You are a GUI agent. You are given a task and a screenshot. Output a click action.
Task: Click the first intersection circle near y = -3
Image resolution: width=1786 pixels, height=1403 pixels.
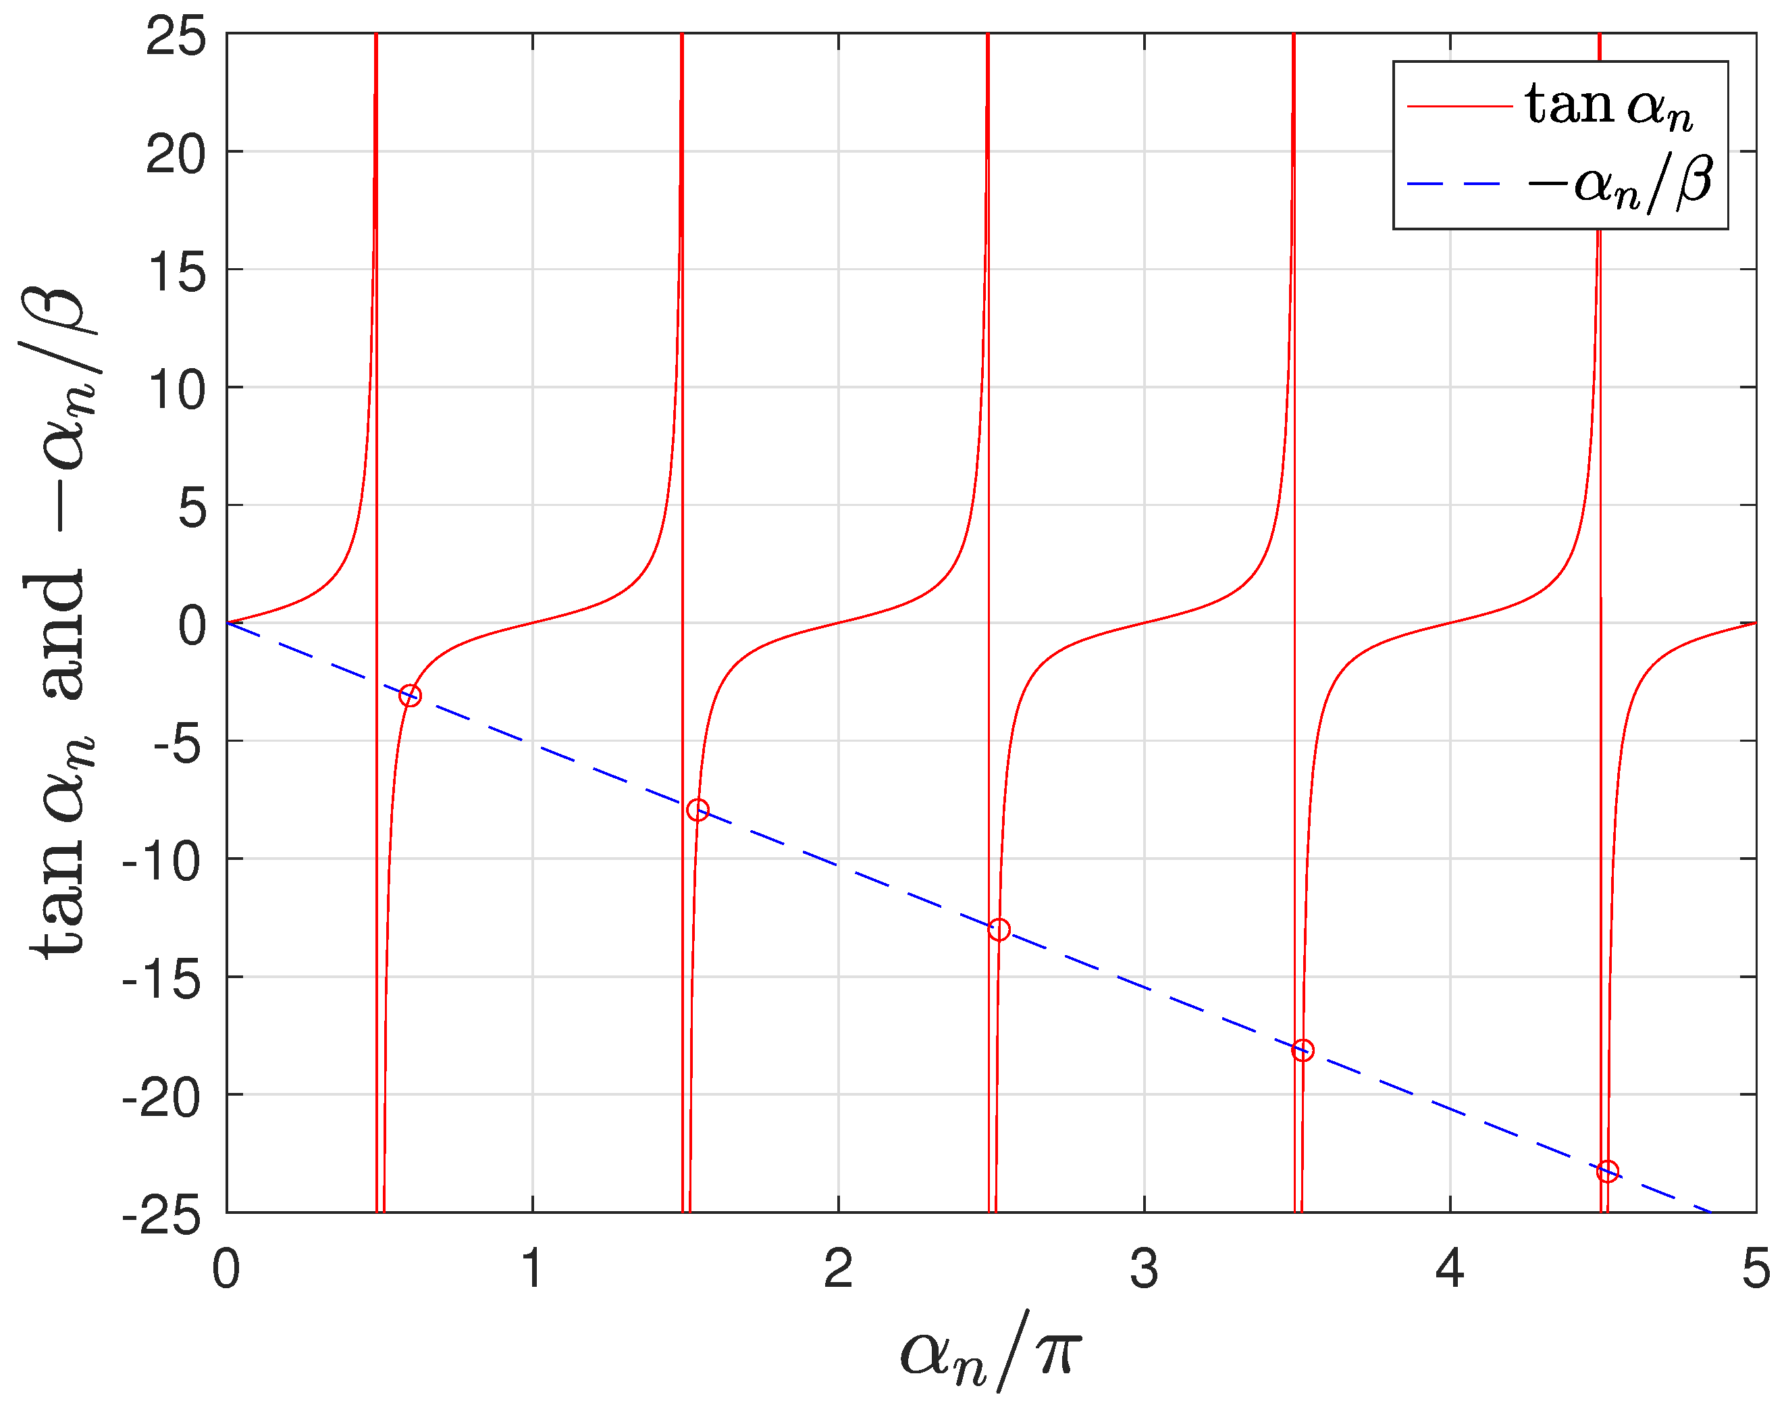pyautogui.click(x=410, y=696)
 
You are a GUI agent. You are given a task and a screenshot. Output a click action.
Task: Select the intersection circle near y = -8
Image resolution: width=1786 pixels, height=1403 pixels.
pyautogui.click(x=697, y=810)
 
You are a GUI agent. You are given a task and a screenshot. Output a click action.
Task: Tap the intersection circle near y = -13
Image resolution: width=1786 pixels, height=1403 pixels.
pyautogui.click(x=999, y=930)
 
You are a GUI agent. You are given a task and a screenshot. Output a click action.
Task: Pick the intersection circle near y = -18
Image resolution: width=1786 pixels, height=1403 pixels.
pyautogui.click(x=1303, y=1050)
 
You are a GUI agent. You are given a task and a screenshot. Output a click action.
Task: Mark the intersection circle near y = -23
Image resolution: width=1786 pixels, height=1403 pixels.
pyautogui.click(x=1607, y=1171)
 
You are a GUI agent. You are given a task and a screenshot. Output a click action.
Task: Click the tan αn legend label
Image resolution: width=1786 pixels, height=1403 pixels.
pyautogui.click(x=1608, y=107)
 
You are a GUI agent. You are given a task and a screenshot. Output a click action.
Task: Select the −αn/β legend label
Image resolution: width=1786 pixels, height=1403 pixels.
pyautogui.click(x=1619, y=182)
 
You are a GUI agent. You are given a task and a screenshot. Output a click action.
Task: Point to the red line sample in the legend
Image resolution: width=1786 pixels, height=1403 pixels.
pyautogui.click(x=1459, y=107)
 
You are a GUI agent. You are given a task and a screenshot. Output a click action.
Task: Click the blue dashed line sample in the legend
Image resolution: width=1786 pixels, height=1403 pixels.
pyautogui.click(x=1459, y=183)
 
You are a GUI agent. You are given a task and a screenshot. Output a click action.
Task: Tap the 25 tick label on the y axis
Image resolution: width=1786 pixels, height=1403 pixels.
pyautogui.click(x=176, y=36)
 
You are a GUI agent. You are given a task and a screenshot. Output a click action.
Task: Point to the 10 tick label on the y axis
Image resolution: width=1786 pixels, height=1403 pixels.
pyautogui.click(x=176, y=389)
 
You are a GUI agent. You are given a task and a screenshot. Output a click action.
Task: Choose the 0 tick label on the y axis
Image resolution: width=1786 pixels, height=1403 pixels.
pyautogui.click(x=192, y=625)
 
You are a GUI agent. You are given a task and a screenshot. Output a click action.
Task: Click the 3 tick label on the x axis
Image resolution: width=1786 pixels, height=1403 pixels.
pyautogui.click(x=1144, y=1269)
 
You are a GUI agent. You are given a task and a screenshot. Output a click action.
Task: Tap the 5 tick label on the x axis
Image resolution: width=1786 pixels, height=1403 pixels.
pyautogui.click(x=1755, y=1269)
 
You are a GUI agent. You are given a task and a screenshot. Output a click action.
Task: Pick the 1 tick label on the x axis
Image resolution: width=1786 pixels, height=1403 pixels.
pyautogui.click(x=532, y=1269)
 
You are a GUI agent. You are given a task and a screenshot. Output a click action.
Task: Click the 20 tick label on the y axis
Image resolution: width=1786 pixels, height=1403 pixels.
pyautogui.click(x=176, y=153)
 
